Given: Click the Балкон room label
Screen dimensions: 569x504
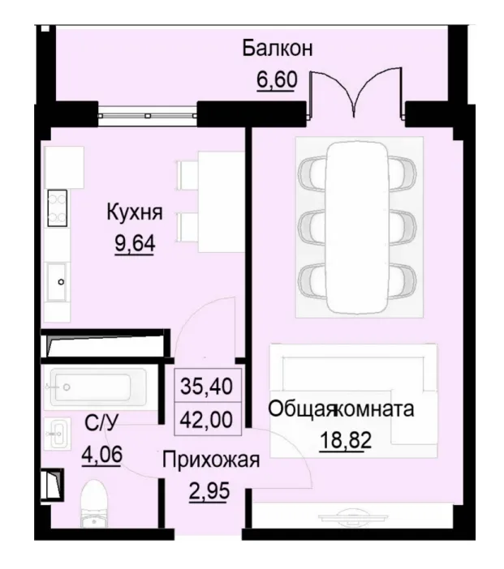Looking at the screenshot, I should point(278,48).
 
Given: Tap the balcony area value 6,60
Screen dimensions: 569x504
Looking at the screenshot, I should point(278,81).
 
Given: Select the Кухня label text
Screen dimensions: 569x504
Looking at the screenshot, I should point(135,213).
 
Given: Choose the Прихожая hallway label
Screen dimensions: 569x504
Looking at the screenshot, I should point(210,462).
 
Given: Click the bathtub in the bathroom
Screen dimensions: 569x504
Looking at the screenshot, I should point(97,387).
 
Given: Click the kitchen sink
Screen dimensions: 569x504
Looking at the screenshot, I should point(60,282).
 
